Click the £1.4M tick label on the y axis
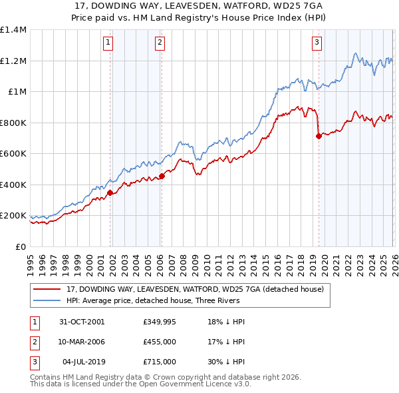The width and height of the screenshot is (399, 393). [x=13, y=30]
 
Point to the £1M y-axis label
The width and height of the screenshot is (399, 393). [x=17, y=92]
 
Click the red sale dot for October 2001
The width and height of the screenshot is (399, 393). [x=110, y=193]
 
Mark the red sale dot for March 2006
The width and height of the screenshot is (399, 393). [x=162, y=177]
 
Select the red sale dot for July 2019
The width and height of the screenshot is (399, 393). [x=319, y=137]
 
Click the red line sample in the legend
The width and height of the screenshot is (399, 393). [x=48, y=289]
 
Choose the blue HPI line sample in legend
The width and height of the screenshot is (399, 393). [x=48, y=300]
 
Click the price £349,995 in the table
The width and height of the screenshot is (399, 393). [x=159, y=322]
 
